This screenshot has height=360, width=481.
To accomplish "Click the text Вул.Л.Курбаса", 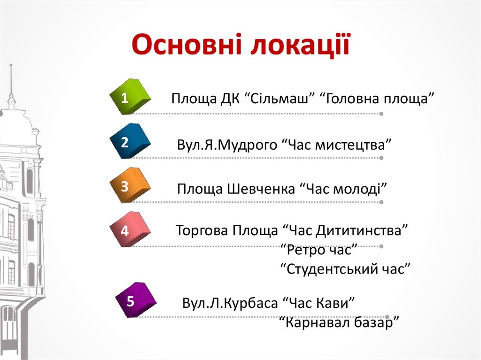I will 230,303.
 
